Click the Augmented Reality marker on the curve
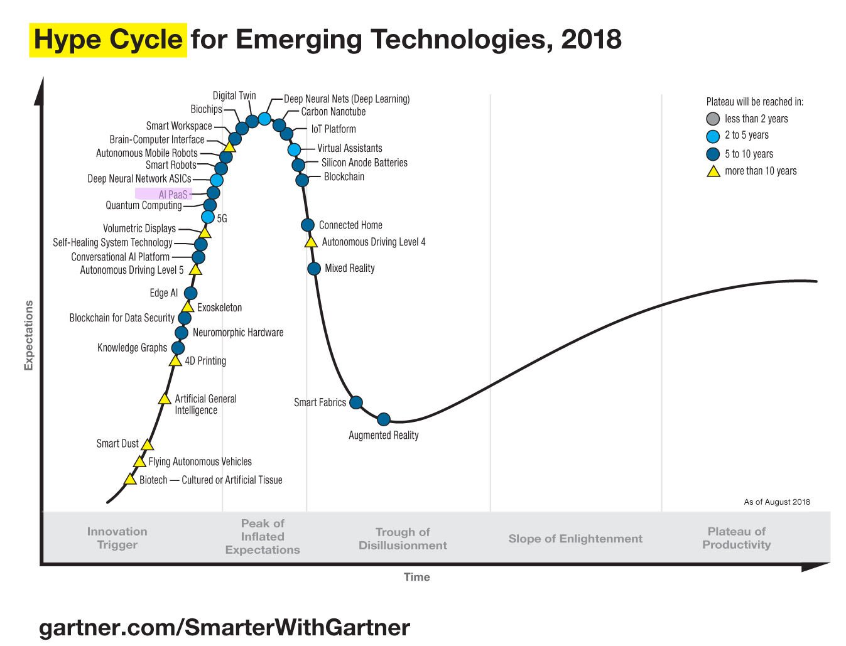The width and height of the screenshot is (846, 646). [x=384, y=419]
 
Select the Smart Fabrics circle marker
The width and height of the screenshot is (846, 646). [x=355, y=402]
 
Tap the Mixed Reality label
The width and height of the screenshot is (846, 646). [x=349, y=268]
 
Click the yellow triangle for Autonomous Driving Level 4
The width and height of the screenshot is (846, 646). [x=311, y=242]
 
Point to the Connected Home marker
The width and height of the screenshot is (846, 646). [x=308, y=225]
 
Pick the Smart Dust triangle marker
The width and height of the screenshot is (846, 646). [x=147, y=444]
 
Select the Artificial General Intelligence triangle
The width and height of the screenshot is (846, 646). [x=165, y=399]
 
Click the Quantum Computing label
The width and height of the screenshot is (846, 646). [x=144, y=205]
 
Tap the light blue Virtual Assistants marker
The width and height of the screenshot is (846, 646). [x=294, y=149]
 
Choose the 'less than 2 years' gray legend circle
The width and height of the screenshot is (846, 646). [x=713, y=119]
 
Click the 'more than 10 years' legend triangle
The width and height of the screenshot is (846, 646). [x=713, y=171]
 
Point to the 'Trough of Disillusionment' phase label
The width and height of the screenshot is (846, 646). [x=403, y=539]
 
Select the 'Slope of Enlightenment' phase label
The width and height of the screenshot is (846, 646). [x=575, y=539]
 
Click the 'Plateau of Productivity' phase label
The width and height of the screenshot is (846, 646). [x=736, y=538]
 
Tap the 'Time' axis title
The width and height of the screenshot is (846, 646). [x=416, y=577]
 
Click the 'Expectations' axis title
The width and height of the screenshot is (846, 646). [x=28, y=335]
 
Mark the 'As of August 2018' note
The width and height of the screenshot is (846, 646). [x=776, y=502]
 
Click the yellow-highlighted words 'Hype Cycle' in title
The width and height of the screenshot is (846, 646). [x=108, y=40]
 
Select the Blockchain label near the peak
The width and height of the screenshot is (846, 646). [x=344, y=177]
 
